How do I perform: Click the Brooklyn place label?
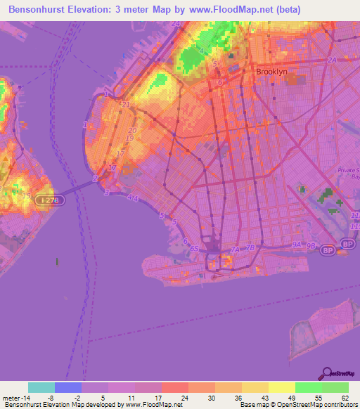(271, 72)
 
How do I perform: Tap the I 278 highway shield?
(46, 200)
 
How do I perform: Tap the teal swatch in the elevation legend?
(41, 387)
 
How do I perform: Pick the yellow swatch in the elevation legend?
(281, 387)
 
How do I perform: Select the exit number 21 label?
(126, 105)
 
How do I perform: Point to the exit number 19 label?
(130, 138)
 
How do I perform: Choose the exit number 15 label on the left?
(27, 195)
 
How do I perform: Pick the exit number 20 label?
(131, 131)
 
